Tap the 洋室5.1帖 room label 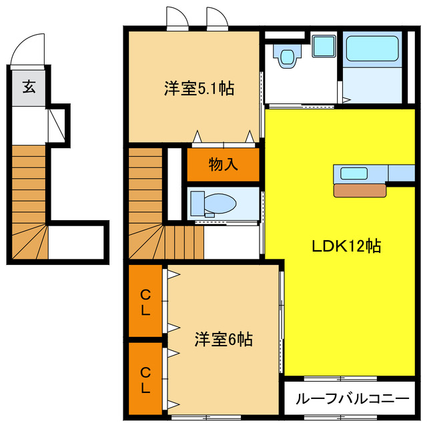(x=199, y=88)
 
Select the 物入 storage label (x=223, y=165)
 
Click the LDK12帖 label (x=346, y=246)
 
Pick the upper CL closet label (x=145, y=301)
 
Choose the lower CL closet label (x=145, y=378)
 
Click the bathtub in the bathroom (x=371, y=50)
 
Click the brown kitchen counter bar (x=360, y=189)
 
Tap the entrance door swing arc (x=29, y=48)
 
